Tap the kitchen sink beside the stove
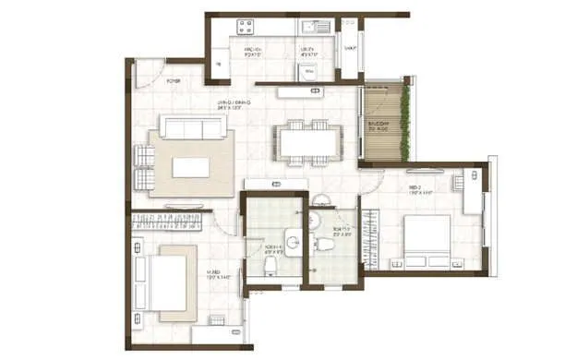[x=309, y=26]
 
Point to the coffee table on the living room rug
[x=190, y=167]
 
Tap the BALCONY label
[x=379, y=126]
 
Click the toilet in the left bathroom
[x=269, y=266]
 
